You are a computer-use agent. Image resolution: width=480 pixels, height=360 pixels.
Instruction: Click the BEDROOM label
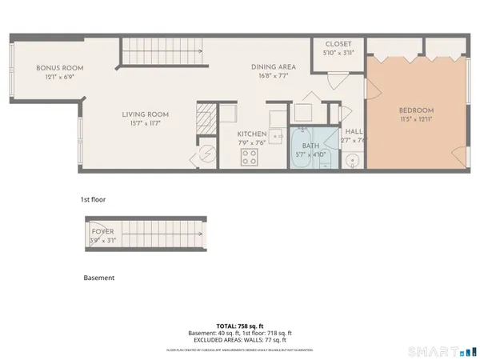(416, 110)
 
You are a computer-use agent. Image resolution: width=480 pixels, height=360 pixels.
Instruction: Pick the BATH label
(310, 137)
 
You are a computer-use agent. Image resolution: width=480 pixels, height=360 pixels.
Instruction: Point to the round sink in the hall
(353, 160)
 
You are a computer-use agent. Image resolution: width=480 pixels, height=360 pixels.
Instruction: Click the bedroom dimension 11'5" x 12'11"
(416, 118)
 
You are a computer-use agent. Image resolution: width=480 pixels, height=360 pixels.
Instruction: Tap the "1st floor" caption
(94, 199)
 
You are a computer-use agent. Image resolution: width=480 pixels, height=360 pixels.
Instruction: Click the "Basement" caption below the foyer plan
(98, 278)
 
